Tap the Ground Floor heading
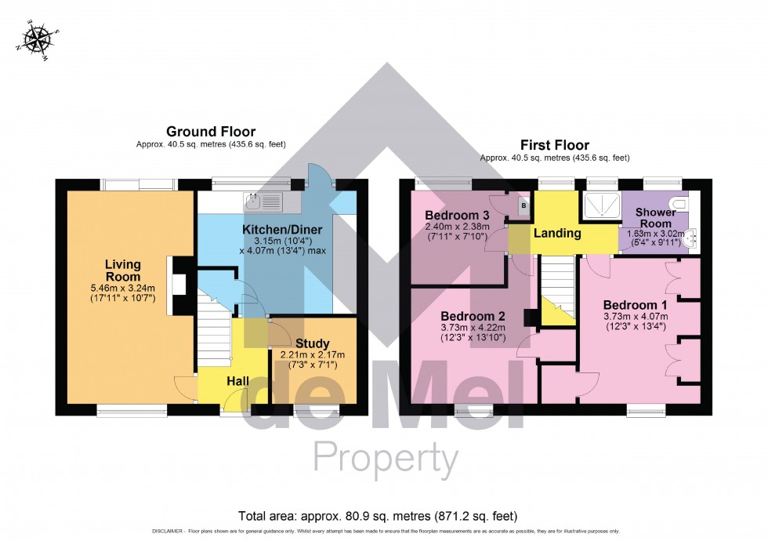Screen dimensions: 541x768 coord(211,132)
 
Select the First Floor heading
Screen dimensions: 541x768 coord(555,145)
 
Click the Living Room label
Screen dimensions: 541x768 coord(123,271)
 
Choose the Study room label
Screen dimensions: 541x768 coord(312,343)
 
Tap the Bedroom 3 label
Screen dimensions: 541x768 coord(457,215)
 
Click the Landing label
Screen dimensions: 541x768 coord(557,233)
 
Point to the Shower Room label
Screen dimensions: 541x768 coord(656,218)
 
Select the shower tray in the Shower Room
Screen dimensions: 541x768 coord(600,208)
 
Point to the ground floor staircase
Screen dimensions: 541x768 coord(214,329)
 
